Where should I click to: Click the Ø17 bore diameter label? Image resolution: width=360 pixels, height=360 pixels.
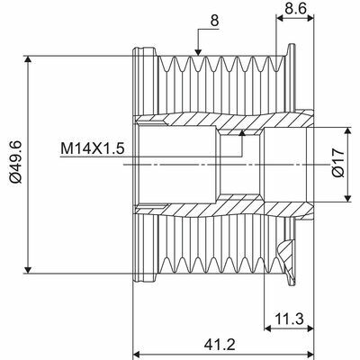pos(335,163)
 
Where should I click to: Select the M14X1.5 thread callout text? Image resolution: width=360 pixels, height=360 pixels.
pos(93,148)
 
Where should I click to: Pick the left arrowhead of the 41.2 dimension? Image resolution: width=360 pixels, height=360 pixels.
pos(137,353)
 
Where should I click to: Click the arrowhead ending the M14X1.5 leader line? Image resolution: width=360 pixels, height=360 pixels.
pos(242,133)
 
